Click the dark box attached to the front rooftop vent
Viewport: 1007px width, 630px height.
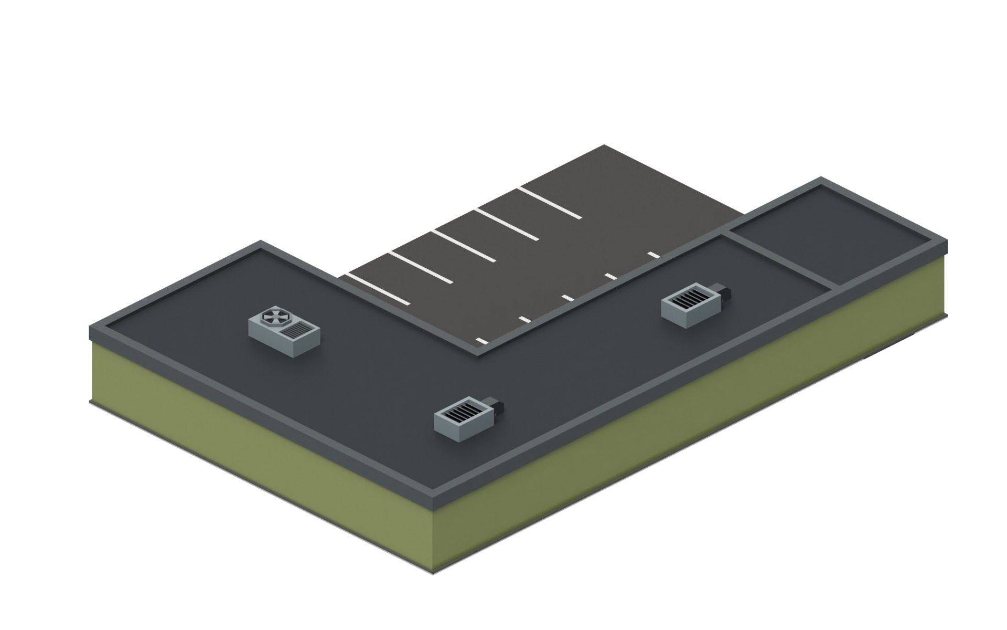(497, 407)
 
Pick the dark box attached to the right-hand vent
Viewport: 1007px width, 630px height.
(723, 293)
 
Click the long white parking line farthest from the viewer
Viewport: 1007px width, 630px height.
(550, 202)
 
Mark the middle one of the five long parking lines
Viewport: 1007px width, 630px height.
(464, 245)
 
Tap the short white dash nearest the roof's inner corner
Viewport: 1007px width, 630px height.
(481, 341)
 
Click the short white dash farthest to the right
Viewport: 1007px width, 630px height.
(654, 255)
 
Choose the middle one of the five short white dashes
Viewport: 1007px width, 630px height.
(567, 298)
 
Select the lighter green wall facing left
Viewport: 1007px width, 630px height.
(252, 462)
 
